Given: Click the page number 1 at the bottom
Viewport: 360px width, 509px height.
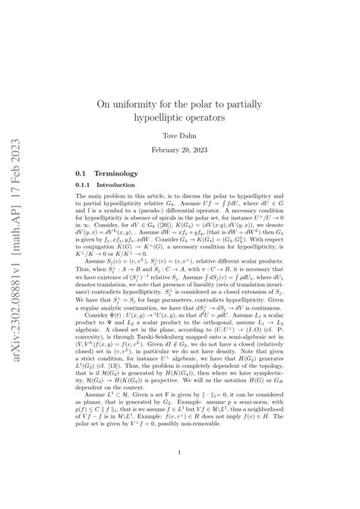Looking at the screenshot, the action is pos(179,455).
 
